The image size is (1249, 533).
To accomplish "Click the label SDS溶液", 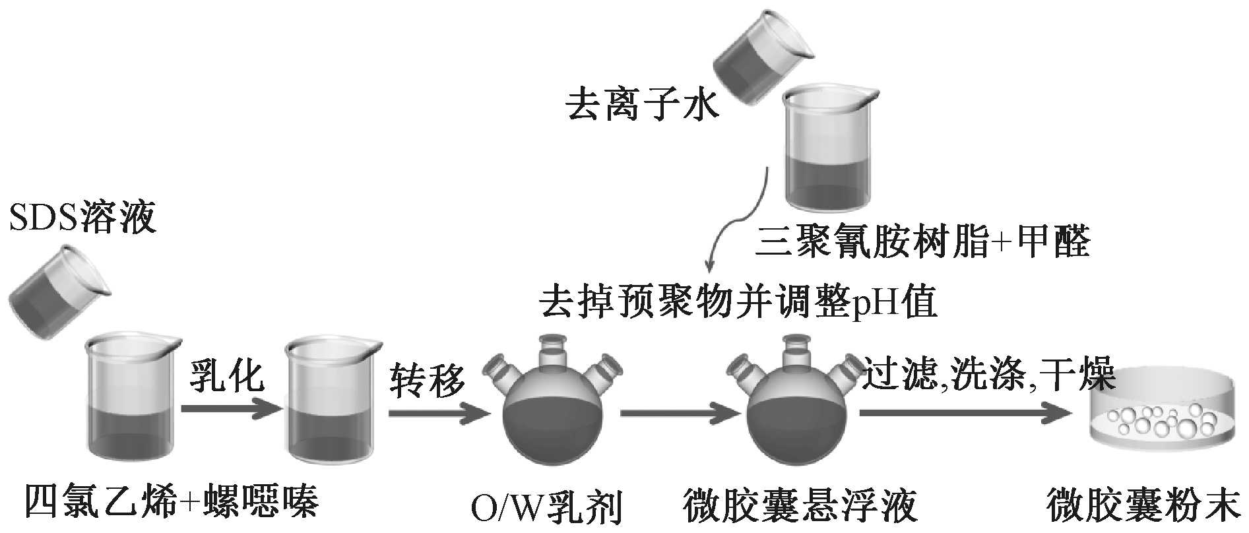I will click(83, 218).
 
